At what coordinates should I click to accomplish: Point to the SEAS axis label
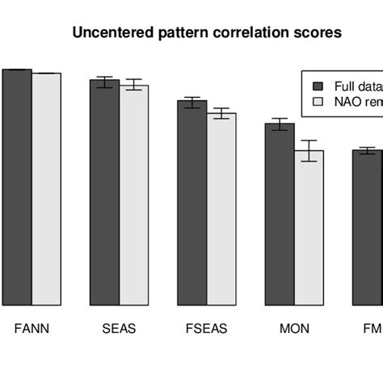pyautogui.click(x=119, y=329)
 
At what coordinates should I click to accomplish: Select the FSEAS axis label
pyautogui.click(x=207, y=329)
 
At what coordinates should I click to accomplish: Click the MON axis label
pyautogui.click(x=294, y=329)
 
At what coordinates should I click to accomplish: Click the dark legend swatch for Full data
pyautogui.click(x=318, y=85)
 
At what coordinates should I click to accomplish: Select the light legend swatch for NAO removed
pyautogui.click(x=318, y=101)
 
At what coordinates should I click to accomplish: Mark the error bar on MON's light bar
pyautogui.click(x=309, y=150)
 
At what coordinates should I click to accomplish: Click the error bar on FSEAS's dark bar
pyautogui.click(x=191, y=102)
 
